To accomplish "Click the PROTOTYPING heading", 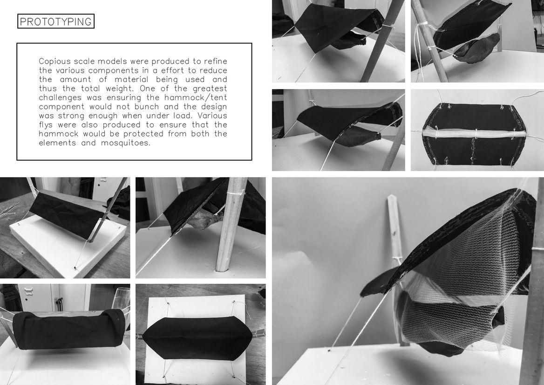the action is [55, 21].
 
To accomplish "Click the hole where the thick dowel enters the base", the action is [225, 270].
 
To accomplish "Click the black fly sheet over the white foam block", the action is [67, 214].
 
